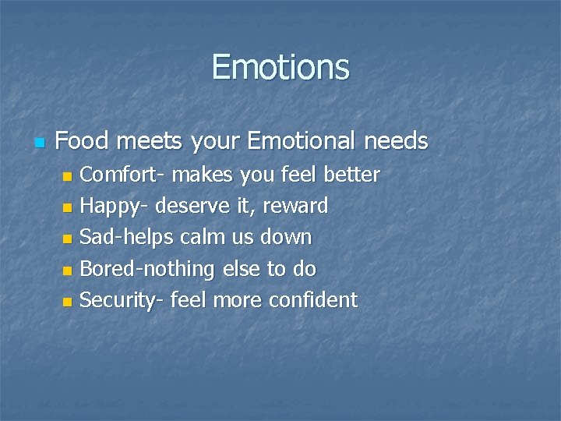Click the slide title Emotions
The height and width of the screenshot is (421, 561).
(x=280, y=67)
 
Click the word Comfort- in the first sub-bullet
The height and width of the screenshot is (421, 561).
(x=123, y=174)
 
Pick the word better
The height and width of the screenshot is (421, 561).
(x=350, y=174)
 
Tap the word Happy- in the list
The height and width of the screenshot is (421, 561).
(x=116, y=206)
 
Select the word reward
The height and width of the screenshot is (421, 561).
(x=299, y=207)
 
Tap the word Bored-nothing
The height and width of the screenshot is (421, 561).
(x=147, y=269)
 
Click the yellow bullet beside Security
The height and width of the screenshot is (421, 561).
(x=68, y=302)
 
